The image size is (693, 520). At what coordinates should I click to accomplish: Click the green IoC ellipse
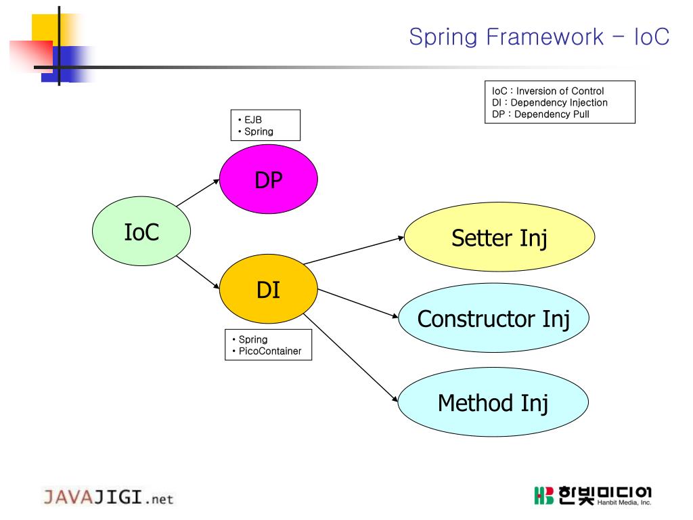tap(141, 232)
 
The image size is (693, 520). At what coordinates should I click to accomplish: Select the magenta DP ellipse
tap(269, 180)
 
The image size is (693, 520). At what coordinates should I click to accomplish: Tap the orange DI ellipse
tap(269, 290)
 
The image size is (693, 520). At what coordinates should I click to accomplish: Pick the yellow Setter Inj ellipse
tap(499, 238)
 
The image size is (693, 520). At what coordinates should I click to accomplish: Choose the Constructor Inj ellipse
tap(493, 318)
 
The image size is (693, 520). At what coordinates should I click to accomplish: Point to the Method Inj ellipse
tap(493, 403)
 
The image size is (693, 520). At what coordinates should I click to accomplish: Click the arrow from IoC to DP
tap(198, 193)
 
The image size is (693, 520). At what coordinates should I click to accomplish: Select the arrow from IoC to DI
tap(198, 272)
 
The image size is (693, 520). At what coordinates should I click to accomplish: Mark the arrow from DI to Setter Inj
tap(353, 251)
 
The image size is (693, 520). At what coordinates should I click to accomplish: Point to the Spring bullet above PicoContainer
tap(252, 339)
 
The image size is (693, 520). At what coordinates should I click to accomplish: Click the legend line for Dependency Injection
tap(550, 102)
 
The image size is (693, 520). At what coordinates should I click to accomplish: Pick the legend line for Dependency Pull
tap(541, 114)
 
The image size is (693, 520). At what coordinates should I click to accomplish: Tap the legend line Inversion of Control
tap(547, 91)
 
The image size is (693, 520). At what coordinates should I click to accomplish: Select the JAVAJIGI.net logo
tap(108, 498)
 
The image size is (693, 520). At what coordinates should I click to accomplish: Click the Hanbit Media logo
tap(592, 495)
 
